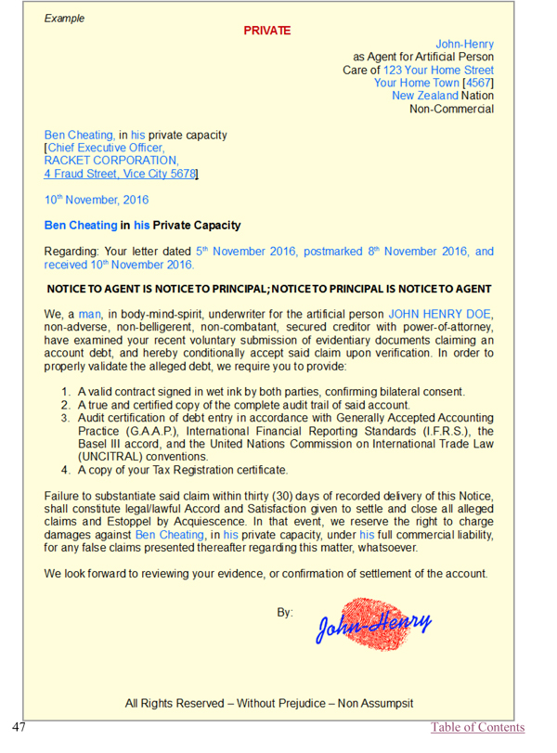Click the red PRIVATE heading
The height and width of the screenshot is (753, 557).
click(x=267, y=31)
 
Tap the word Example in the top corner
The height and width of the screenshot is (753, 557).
click(x=64, y=18)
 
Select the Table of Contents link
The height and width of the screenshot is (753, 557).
click(x=477, y=727)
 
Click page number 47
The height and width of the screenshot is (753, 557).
click(x=21, y=726)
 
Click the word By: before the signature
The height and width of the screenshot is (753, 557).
click(x=285, y=613)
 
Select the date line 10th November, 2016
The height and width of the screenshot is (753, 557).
click(x=97, y=200)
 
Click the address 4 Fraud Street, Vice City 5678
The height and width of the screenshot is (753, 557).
click(x=121, y=174)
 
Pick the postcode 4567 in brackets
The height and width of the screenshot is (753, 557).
click(x=478, y=83)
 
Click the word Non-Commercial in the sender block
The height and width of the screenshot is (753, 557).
click(x=451, y=109)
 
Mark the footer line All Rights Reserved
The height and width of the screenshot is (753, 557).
click(x=269, y=703)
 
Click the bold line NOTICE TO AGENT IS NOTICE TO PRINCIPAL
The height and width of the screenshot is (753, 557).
click(x=268, y=289)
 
